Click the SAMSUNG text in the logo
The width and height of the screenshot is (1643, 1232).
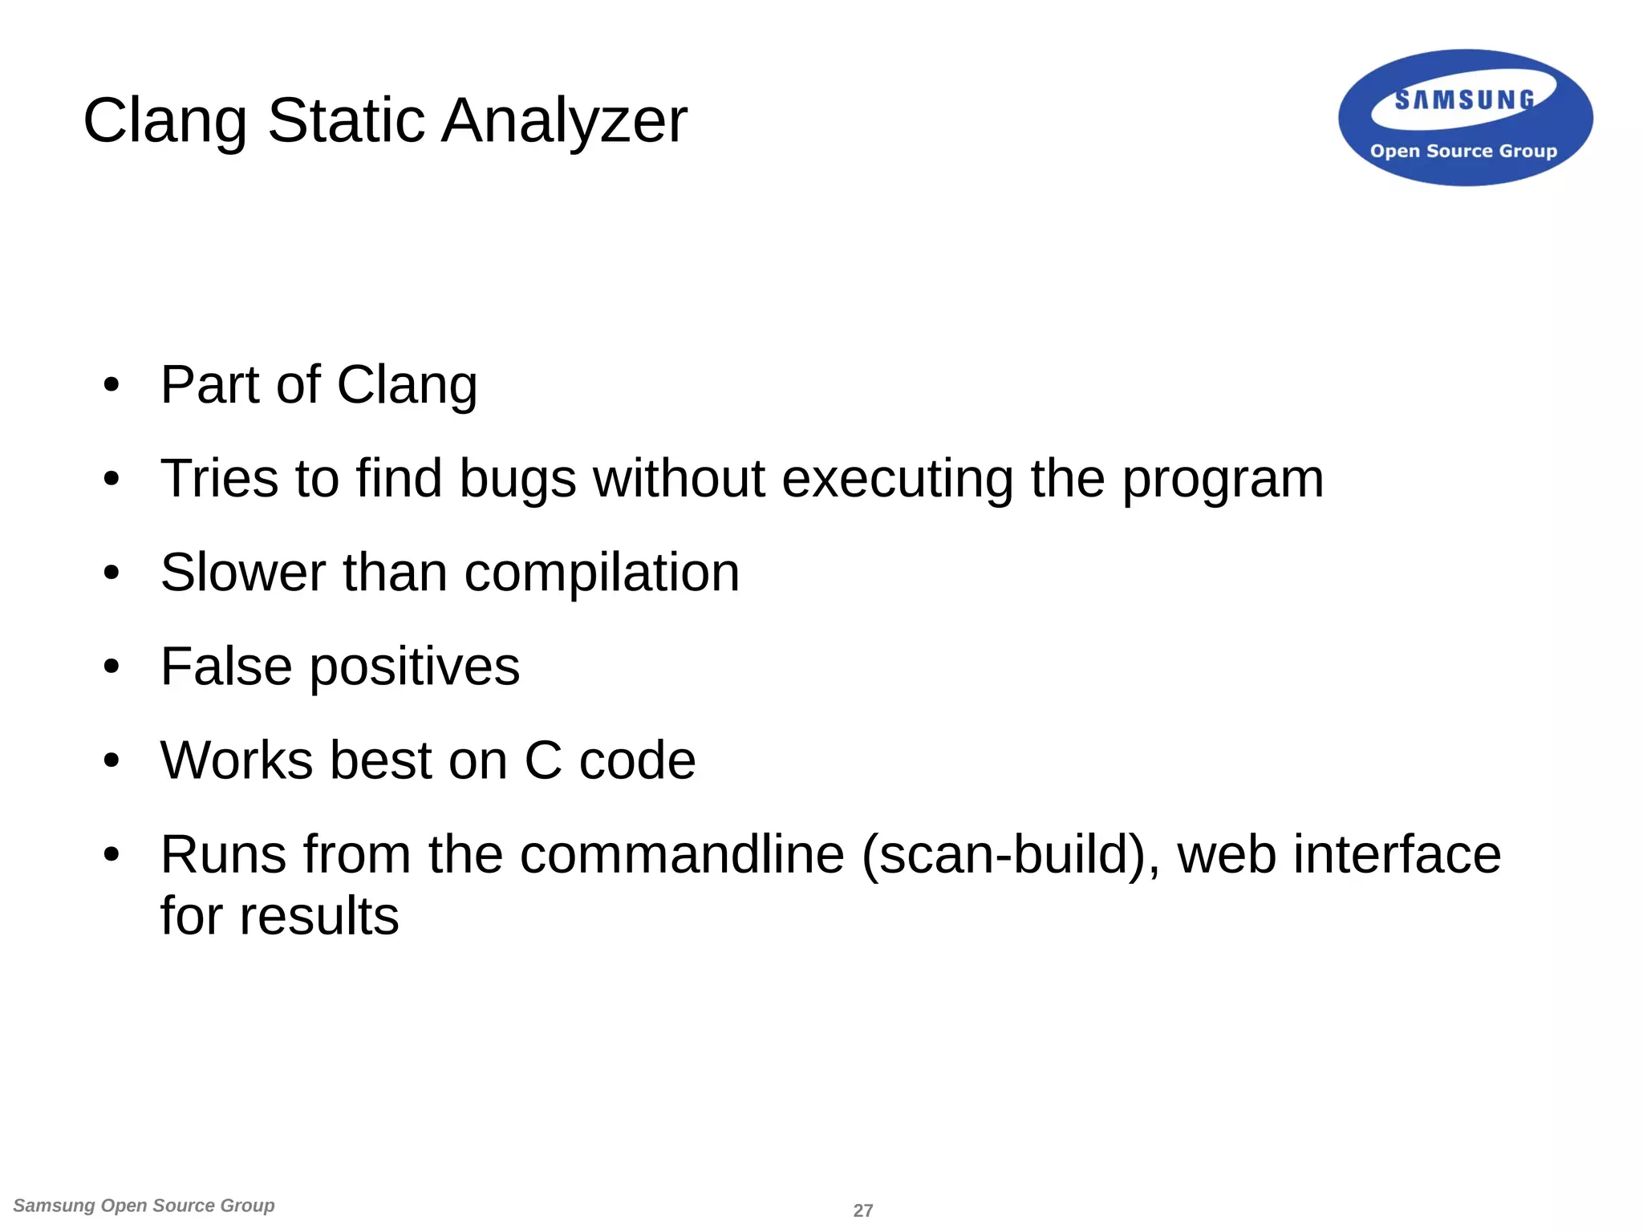click(x=1464, y=100)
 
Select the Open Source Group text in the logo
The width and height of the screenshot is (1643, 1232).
click(x=1463, y=151)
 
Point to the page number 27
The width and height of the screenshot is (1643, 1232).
click(x=862, y=1210)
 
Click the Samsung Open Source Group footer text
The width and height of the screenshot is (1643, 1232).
click(x=144, y=1206)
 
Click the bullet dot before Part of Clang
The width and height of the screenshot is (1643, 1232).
click(x=112, y=385)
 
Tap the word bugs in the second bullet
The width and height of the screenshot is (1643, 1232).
click(x=517, y=479)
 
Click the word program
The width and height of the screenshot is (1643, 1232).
click(x=1222, y=479)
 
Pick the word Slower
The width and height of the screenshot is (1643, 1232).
click(x=243, y=573)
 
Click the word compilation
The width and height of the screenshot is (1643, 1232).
click(x=602, y=573)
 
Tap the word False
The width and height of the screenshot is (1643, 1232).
click(x=226, y=667)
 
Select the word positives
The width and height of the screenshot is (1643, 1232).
click(x=415, y=667)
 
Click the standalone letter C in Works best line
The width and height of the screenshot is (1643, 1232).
click(x=543, y=760)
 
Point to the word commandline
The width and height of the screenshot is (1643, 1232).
click(x=682, y=854)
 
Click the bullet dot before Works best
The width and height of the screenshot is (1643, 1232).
click(x=112, y=760)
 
